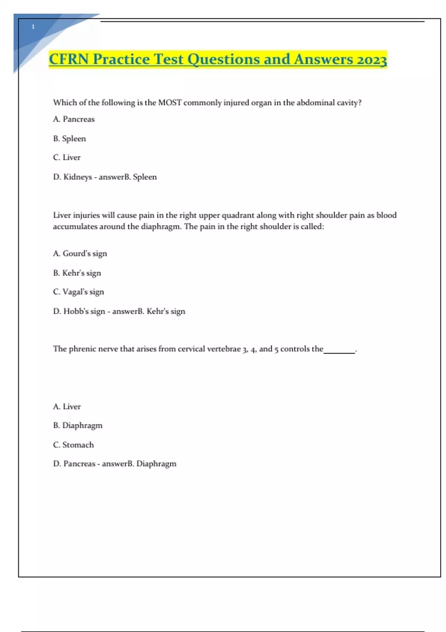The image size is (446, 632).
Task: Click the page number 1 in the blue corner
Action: click(33, 27)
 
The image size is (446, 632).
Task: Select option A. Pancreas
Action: click(74, 119)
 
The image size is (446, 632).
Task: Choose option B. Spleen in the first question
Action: click(70, 139)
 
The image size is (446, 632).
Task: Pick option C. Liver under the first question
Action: click(67, 158)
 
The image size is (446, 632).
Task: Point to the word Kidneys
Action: click(77, 177)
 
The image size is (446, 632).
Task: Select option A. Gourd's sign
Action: click(80, 254)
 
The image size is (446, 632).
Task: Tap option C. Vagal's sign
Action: click(78, 292)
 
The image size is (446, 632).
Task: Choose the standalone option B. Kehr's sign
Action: click(77, 273)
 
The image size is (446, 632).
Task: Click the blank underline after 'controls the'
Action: click(339, 351)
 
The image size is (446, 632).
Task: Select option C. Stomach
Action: click(73, 445)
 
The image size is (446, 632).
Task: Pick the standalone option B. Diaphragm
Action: click(78, 425)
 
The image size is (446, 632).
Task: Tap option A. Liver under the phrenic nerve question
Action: click(67, 407)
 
